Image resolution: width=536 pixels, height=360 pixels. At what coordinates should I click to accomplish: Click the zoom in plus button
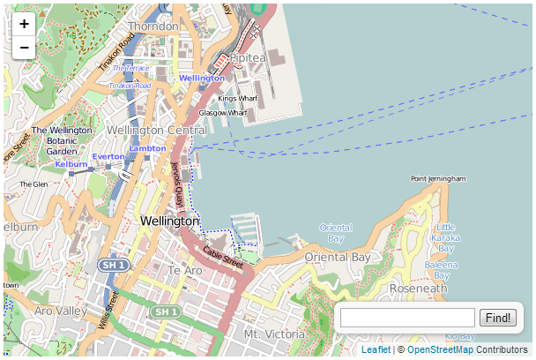[24, 24]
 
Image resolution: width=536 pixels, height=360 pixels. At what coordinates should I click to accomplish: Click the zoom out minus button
[24, 47]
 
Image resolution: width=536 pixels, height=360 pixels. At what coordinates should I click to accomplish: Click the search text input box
[407, 318]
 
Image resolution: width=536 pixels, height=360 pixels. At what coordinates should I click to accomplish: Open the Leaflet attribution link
[376, 350]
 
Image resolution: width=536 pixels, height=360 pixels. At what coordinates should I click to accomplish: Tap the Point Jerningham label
[438, 179]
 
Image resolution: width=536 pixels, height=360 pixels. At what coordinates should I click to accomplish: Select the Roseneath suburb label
[418, 289]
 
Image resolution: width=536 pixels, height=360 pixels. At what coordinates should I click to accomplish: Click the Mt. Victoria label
[274, 334]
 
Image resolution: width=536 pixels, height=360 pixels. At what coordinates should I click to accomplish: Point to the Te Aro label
[185, 270]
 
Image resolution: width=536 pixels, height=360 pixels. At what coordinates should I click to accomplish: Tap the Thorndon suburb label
[153, 26]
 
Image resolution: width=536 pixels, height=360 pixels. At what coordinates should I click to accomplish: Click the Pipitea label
[248, 58]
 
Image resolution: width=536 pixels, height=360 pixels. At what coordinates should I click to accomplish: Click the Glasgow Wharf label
[223, 113]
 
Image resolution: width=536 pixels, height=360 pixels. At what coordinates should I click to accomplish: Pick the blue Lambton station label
[147, 148]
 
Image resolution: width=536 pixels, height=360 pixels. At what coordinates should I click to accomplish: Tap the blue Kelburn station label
[71, 164]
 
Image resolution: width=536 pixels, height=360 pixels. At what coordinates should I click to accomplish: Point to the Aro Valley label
[60, 311]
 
